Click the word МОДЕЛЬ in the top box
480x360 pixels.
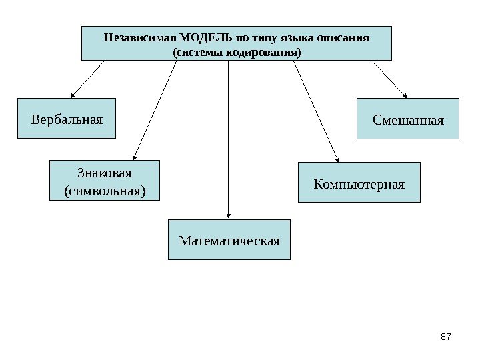pos(201,36)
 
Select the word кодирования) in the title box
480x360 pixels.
pos(265,51)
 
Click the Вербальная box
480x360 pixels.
pos(66,119)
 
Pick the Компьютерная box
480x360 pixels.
pos(359,182)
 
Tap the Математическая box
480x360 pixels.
pos(229,239)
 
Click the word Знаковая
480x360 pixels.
pos(105,173)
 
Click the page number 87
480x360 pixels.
pos(447,339)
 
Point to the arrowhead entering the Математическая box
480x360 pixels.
pos(229,215)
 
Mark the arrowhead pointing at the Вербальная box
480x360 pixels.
pos(72,95)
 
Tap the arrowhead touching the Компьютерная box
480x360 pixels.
pos(337,159)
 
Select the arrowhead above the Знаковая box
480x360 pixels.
pos(136,156)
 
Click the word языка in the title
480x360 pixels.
pos(296,36)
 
